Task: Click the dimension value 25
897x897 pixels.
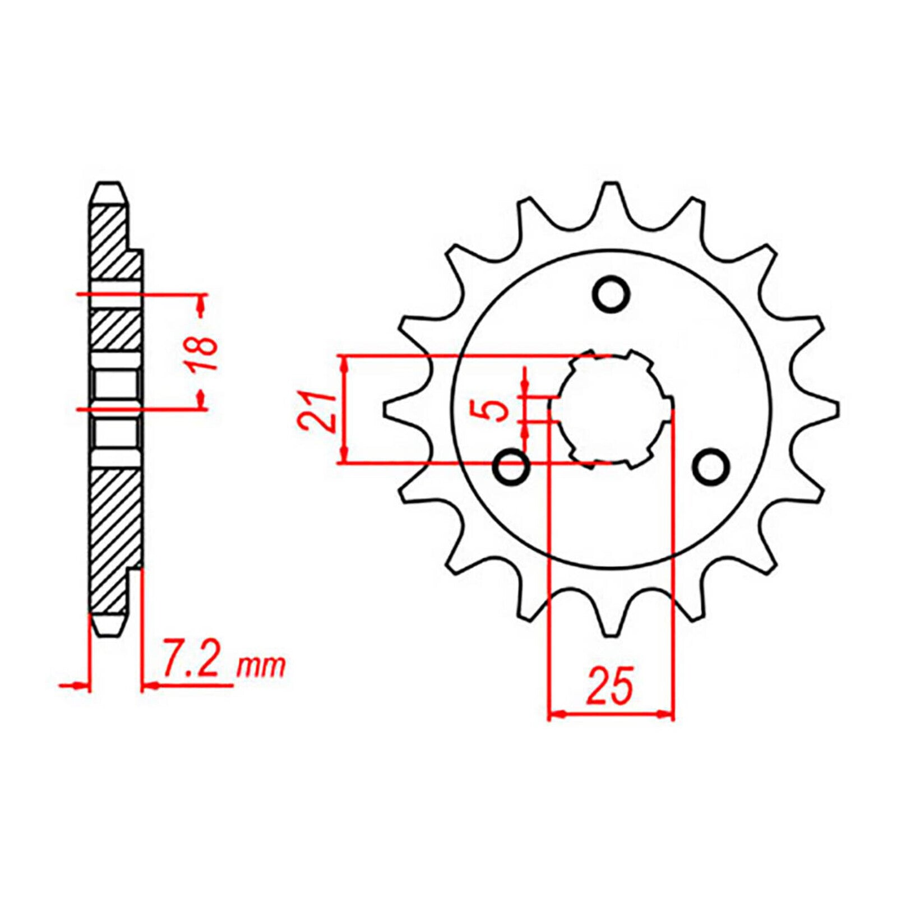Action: point(610,686)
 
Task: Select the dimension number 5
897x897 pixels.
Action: point(494,411)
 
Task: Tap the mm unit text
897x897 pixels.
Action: point(261,667)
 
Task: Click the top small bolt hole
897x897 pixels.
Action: point(611,293)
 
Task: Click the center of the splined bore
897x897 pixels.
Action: point(611,409)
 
